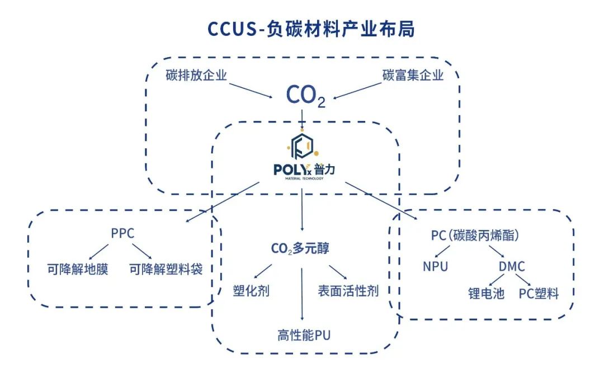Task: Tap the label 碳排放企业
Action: tap(196, 75)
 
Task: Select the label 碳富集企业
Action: tap(413, 75)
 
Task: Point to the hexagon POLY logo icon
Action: tap(302, 145)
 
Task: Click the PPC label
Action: tap(123, 233)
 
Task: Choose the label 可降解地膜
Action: tap(78, 269)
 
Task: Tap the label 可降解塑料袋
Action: tap(166, 269)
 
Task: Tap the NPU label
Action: tap(435, 266)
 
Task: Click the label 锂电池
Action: tap(486, 294)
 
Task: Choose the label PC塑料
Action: tap(539, 294)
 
